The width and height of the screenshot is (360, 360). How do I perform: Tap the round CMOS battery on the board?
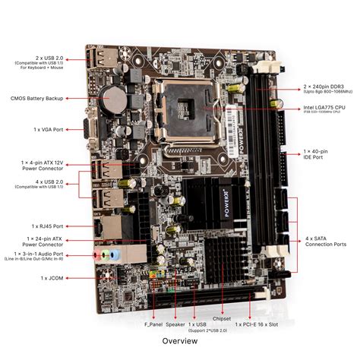[114, 96]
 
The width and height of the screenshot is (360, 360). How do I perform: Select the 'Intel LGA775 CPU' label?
[323, 108]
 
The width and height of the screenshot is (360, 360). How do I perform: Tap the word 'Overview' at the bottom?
[179, 341]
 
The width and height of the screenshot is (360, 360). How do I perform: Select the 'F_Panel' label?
[154, 324]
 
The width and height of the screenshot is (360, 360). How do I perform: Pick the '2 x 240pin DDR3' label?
[323, 87]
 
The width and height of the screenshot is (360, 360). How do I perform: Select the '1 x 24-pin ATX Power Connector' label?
[43, 241]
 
